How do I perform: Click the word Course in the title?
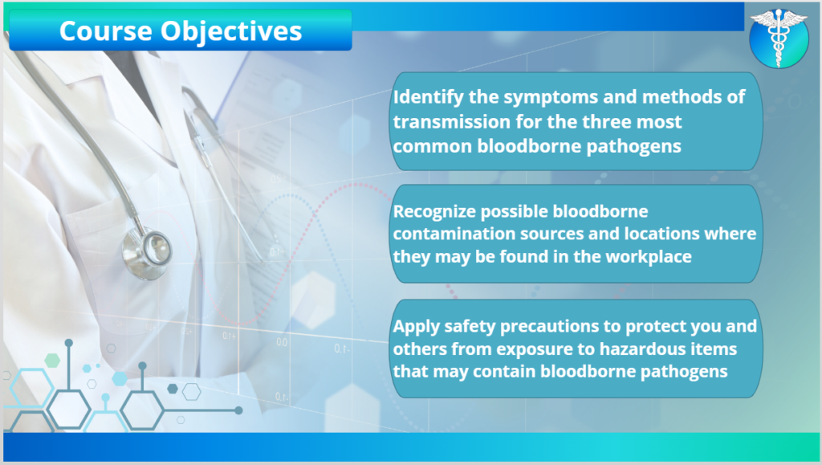(x=105, y=31)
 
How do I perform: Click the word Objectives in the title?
(x=231, y=32)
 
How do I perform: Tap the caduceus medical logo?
(x=779, y=38)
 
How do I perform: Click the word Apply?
(x=416, y=327)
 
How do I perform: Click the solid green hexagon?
(x=52, y=360)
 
